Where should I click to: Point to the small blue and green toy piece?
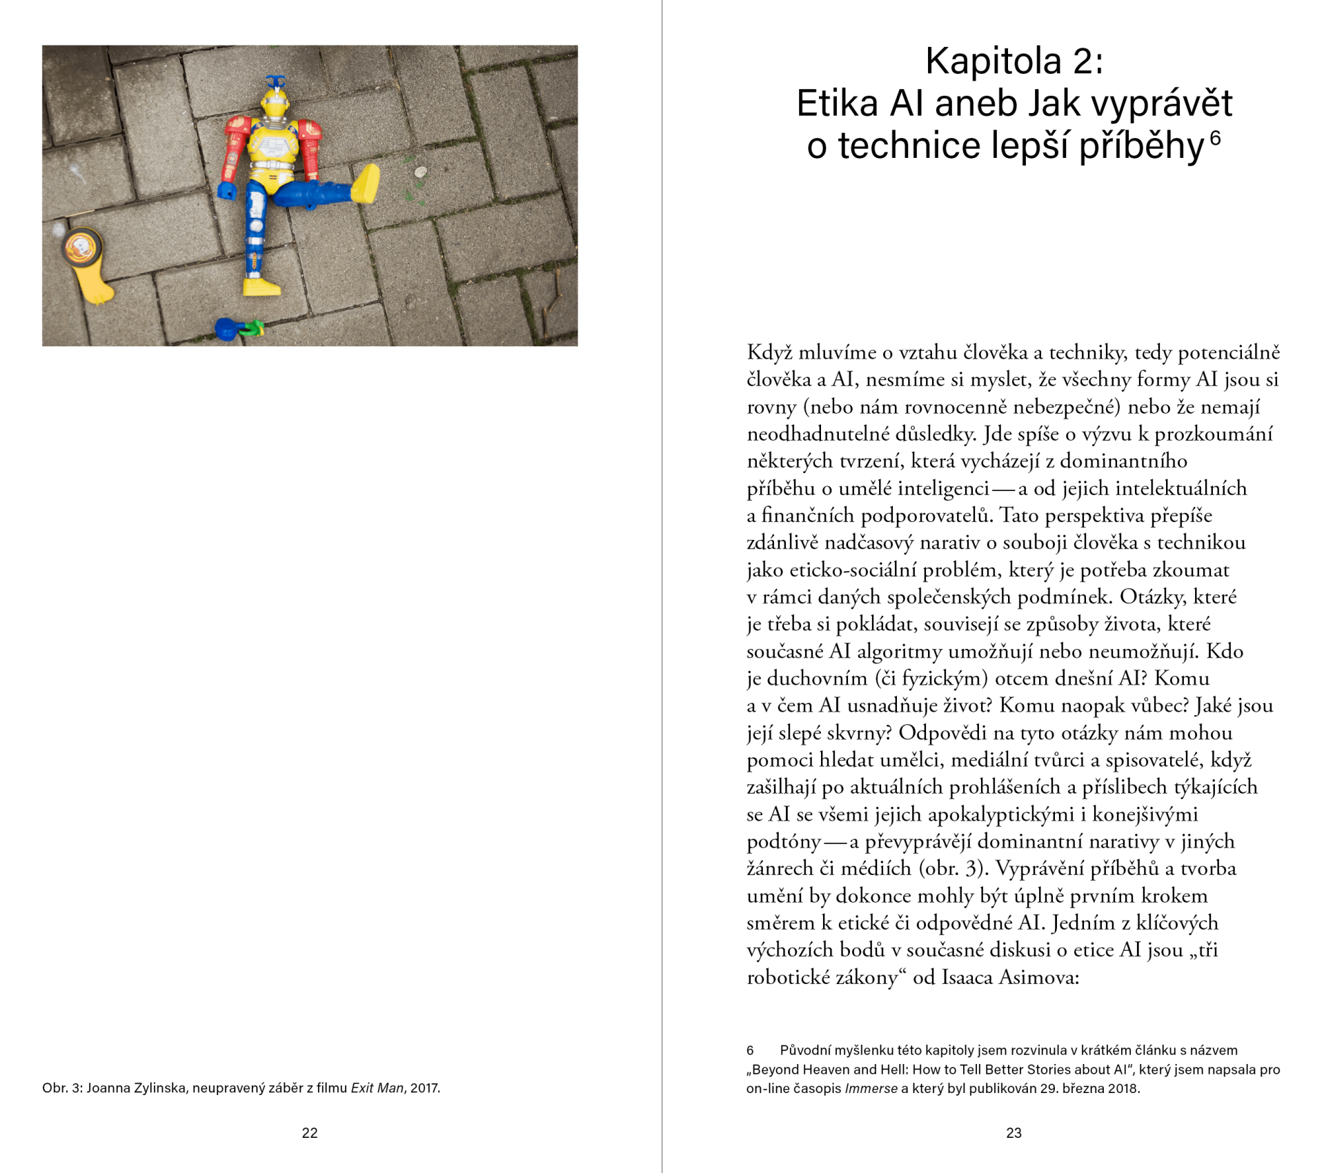pyautogui.click(x=239, y=328)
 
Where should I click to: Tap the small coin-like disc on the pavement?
pyautogui.click(x=419, y=172)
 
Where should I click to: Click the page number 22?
pyautogui.click(x=310, y=1132)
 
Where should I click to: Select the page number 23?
pyautogui.click(x=1014, y=1132)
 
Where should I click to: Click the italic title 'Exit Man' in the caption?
pyautogui.click(x=377, y=1087)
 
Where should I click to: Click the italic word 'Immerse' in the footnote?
pyautogui.click(x=871, y=1088)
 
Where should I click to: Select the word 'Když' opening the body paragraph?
pyautogui.click(x=769, y=352)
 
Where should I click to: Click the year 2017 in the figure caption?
pyautogui.click(x=424, y=1087)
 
